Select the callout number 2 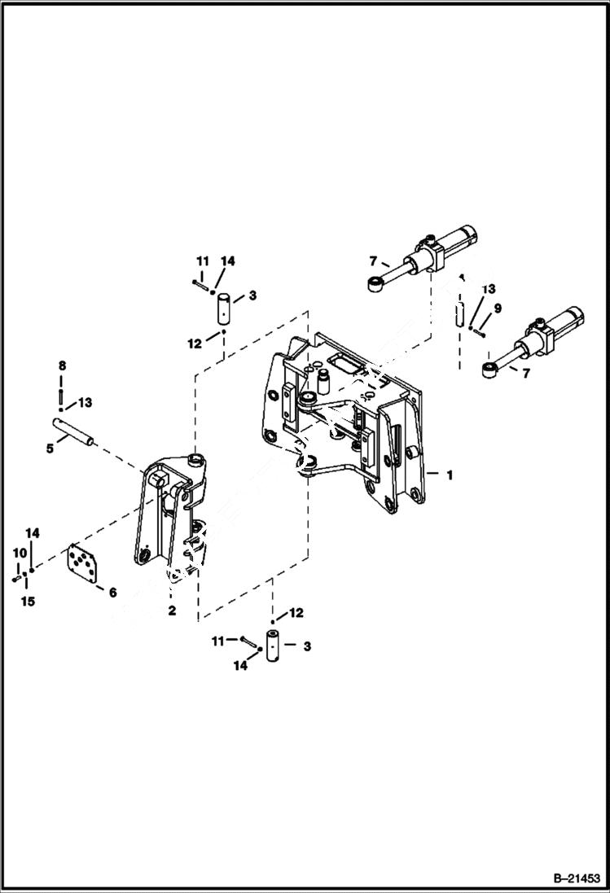point(172,611)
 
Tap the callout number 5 point(50,447)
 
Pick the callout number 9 point(499,309)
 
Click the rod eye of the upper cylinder point(375,284)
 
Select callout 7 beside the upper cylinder point(373,261)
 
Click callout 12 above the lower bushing point(296,611)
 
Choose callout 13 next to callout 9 point(488,289)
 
